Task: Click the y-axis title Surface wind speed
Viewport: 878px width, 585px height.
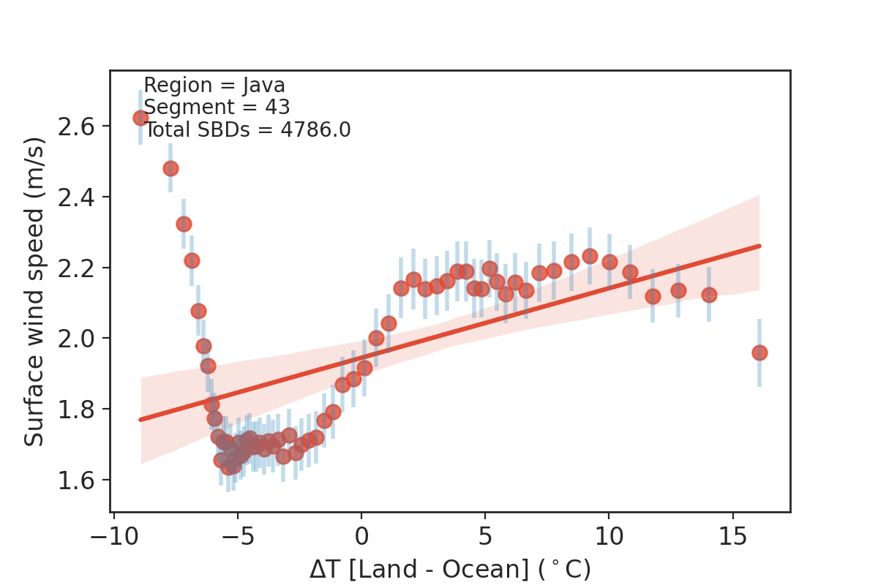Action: pos(34,291)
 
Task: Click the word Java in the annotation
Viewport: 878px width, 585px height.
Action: pos(264,86)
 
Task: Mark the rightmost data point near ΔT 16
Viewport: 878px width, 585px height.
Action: pos(759,353)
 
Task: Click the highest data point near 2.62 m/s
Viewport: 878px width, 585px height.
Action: pos(140,118)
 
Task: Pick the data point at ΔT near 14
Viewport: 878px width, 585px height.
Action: pos(709,295)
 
